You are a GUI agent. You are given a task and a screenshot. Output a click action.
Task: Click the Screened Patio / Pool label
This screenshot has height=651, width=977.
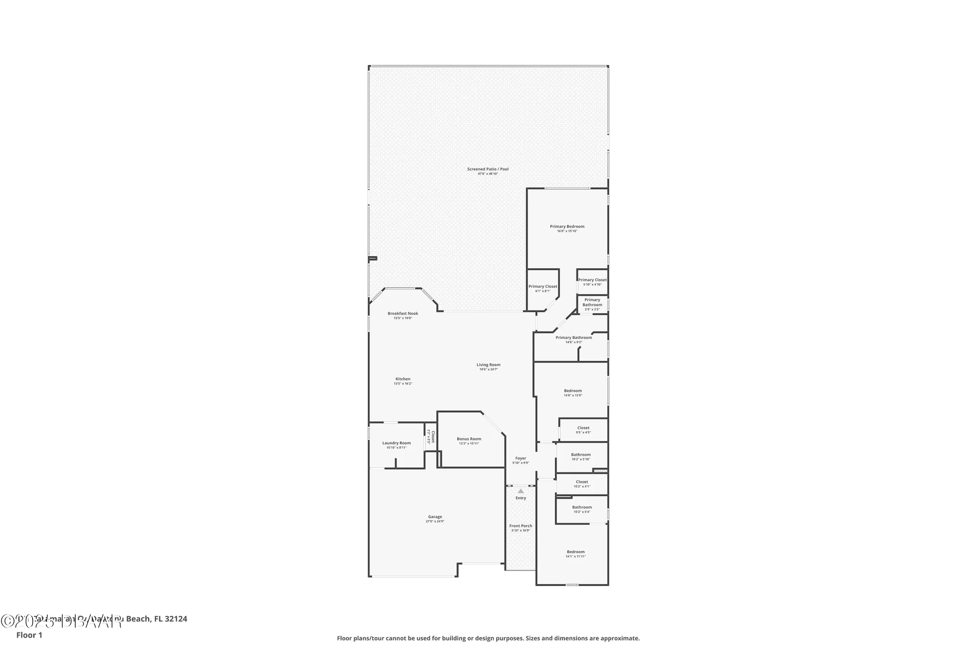click(x=488, y=169)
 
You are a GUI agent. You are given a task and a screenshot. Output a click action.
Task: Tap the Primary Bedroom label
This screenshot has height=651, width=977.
click(x=567, y=227)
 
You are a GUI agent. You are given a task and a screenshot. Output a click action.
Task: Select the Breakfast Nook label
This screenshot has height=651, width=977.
click(x=403, y=314)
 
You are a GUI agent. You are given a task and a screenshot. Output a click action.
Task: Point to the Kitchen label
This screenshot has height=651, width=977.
click(x=403, y=379)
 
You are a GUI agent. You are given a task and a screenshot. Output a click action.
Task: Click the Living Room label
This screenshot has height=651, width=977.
click(x=488, y=365)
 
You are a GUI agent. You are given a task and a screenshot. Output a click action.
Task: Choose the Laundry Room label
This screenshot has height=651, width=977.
click(x=396, y=443)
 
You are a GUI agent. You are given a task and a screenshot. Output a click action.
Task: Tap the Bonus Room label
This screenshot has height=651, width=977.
click(x=468, y=439)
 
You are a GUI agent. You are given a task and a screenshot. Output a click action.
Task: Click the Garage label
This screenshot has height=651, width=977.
click(x=435, y=517)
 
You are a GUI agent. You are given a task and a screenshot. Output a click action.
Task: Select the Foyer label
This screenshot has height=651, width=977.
click(x=520, y=459)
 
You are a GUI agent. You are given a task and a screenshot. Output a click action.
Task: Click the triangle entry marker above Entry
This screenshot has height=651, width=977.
click(x=520, y=491)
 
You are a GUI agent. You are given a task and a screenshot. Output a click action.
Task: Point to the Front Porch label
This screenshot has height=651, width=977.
click(x=520, y=526)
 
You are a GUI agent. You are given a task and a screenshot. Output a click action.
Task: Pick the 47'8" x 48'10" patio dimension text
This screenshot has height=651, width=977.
click(x=488, y=174)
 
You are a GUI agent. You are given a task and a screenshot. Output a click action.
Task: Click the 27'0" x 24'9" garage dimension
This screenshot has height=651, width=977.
click(x=435, y=522)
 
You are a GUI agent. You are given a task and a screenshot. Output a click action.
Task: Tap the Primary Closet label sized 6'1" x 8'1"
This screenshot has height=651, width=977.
click(x=542, y=287)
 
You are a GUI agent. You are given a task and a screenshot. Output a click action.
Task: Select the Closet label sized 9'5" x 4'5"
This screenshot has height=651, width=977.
click(x=583, y=428)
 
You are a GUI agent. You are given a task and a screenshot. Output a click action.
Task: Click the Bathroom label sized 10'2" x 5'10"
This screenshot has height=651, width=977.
click(x=580, y=455)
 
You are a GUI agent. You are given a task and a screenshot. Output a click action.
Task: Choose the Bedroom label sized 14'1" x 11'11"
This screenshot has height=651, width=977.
click(x=575, y=552)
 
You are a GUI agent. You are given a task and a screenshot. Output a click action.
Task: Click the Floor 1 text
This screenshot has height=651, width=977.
click(x=29, y=635)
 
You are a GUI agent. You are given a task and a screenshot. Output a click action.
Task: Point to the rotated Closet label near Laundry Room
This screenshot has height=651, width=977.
click(x=433, y=436)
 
